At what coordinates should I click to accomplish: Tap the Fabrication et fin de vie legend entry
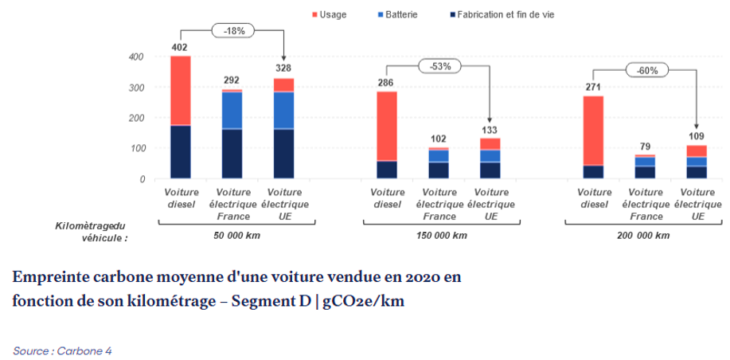click(x=517, y=14)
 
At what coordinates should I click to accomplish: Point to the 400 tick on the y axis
click(x=137, y=57)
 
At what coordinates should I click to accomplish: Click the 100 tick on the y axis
click(x=137, y=149)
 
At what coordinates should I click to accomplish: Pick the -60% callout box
click(x=646, y=70)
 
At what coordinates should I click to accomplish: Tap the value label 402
click(x=181, y=48)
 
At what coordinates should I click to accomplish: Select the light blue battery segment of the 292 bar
click(x=232, y=111)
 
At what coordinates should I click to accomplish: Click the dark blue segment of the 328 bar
click(x=283, y=154)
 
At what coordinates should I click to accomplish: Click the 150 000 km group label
click(x=441, y=236)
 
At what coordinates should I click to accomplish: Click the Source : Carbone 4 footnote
click(x=62, y=350)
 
